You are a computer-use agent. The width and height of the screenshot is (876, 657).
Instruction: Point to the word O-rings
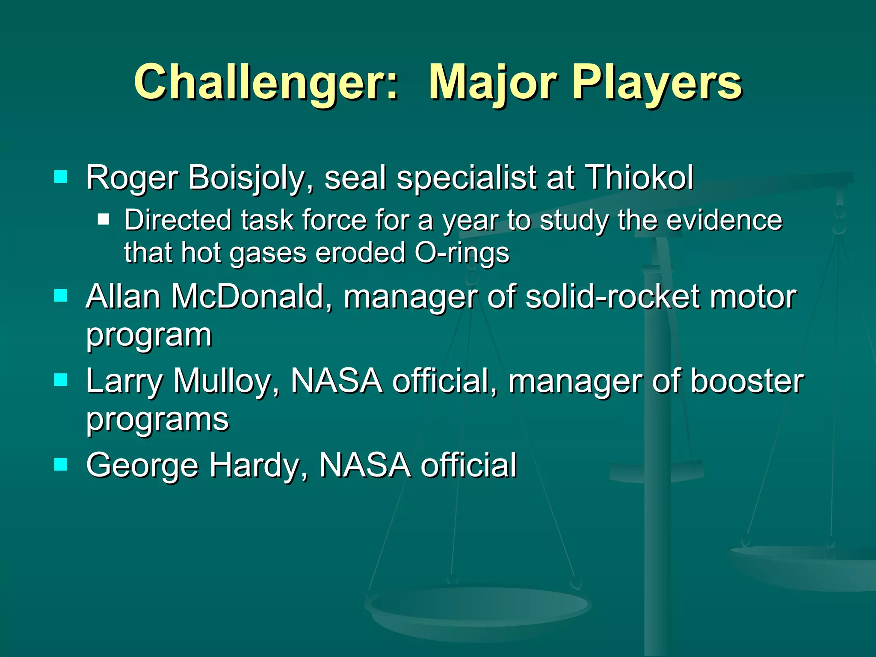(462, 253)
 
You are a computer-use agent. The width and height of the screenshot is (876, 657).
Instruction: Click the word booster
(747, 381)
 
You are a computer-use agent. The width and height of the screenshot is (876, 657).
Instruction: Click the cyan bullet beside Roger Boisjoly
(61, 177)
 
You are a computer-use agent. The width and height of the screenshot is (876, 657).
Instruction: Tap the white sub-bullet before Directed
(104, 219)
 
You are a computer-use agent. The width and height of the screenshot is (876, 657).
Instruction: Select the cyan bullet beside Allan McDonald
(61, 296)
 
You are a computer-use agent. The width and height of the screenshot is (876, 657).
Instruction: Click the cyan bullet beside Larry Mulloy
(61, 380)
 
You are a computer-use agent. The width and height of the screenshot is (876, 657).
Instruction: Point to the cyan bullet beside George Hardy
(61, 464)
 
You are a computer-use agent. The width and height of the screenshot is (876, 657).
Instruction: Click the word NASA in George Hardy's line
(364, 465)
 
